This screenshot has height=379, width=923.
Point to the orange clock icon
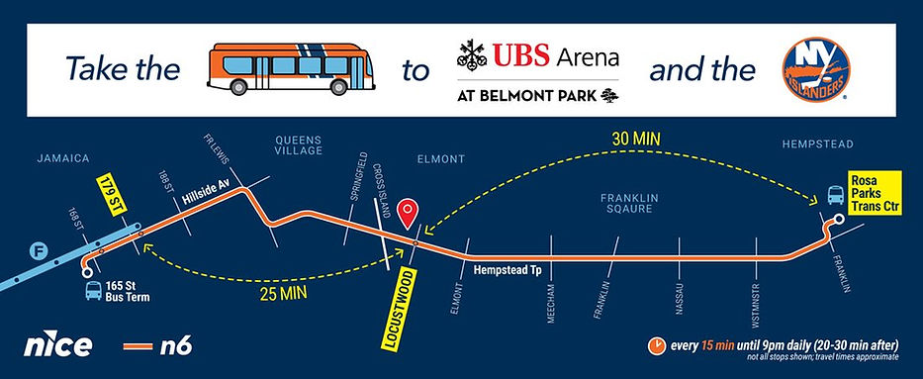click(x=656, y=345)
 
